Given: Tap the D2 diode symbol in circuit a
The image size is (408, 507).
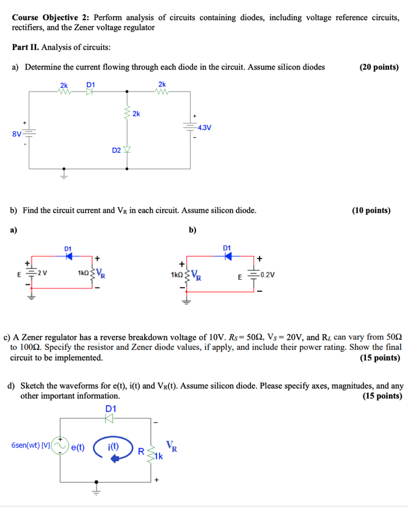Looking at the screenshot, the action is pyautogui.click(x=127, y=150).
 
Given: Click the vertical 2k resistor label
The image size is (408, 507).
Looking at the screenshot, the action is pyautogui.click(x=136, y=114).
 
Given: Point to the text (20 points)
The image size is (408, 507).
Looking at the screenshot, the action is pyautogui.click(x=379, y=67).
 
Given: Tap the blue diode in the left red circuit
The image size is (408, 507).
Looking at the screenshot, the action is pyautogui.click(x=68, y=255).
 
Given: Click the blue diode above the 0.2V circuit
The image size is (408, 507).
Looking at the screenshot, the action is pyautogui.click(x=228, y=255).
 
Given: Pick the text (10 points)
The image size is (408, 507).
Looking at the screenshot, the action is pyautogui.click(x=371, y=211).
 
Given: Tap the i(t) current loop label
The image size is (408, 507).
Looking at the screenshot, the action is pyautogui.click(x=114, y=447).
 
